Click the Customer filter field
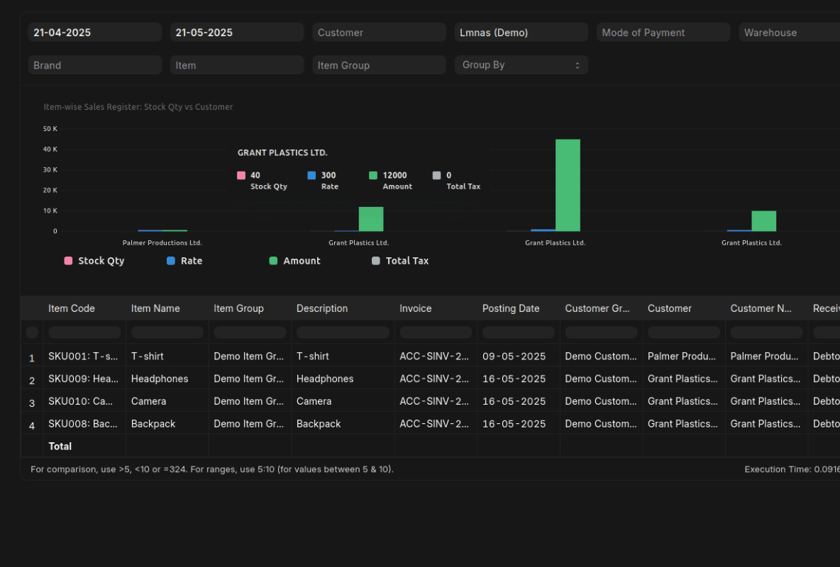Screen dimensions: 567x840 (x=379, y=33)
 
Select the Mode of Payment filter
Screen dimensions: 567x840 (x=663, y=33)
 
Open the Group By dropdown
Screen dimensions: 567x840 (x=521, y=65)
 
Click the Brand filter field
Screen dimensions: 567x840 (x=95, y=65)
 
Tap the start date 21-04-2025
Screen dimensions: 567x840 (x=95, y=33)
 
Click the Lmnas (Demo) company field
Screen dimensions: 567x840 (x=521, y=33)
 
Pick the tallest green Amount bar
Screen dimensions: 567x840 (x=568, y=185)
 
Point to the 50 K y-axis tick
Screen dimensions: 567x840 (x=50, y=129)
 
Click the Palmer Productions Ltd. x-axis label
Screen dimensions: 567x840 (x=162, y=243)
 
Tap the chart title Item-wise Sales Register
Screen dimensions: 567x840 (x=138, y=107)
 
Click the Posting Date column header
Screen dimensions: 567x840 (x=511, y=308)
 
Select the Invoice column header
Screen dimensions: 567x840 (x=416, y=308)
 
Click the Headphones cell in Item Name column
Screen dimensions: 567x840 (x=160, y=378)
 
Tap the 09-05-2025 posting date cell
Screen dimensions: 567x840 (x=514, y=356)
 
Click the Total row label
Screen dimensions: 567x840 (x=60, y=447)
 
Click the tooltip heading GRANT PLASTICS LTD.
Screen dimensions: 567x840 (x=282, y=153)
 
